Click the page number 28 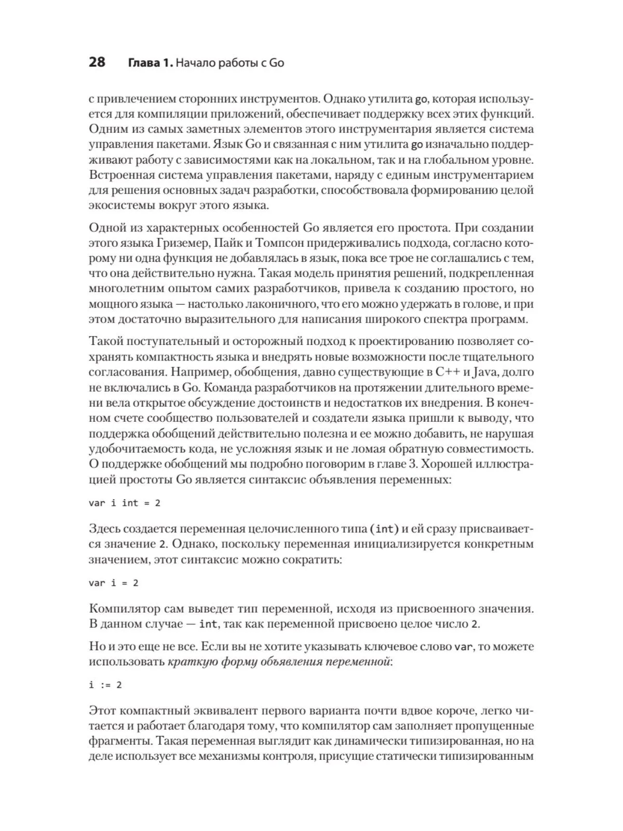pos(97,63)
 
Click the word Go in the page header pos(276,63)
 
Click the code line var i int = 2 pos(125,503)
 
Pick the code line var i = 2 pos(114,583)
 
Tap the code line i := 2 pos(105,685)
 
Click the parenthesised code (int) pos(384,529)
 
